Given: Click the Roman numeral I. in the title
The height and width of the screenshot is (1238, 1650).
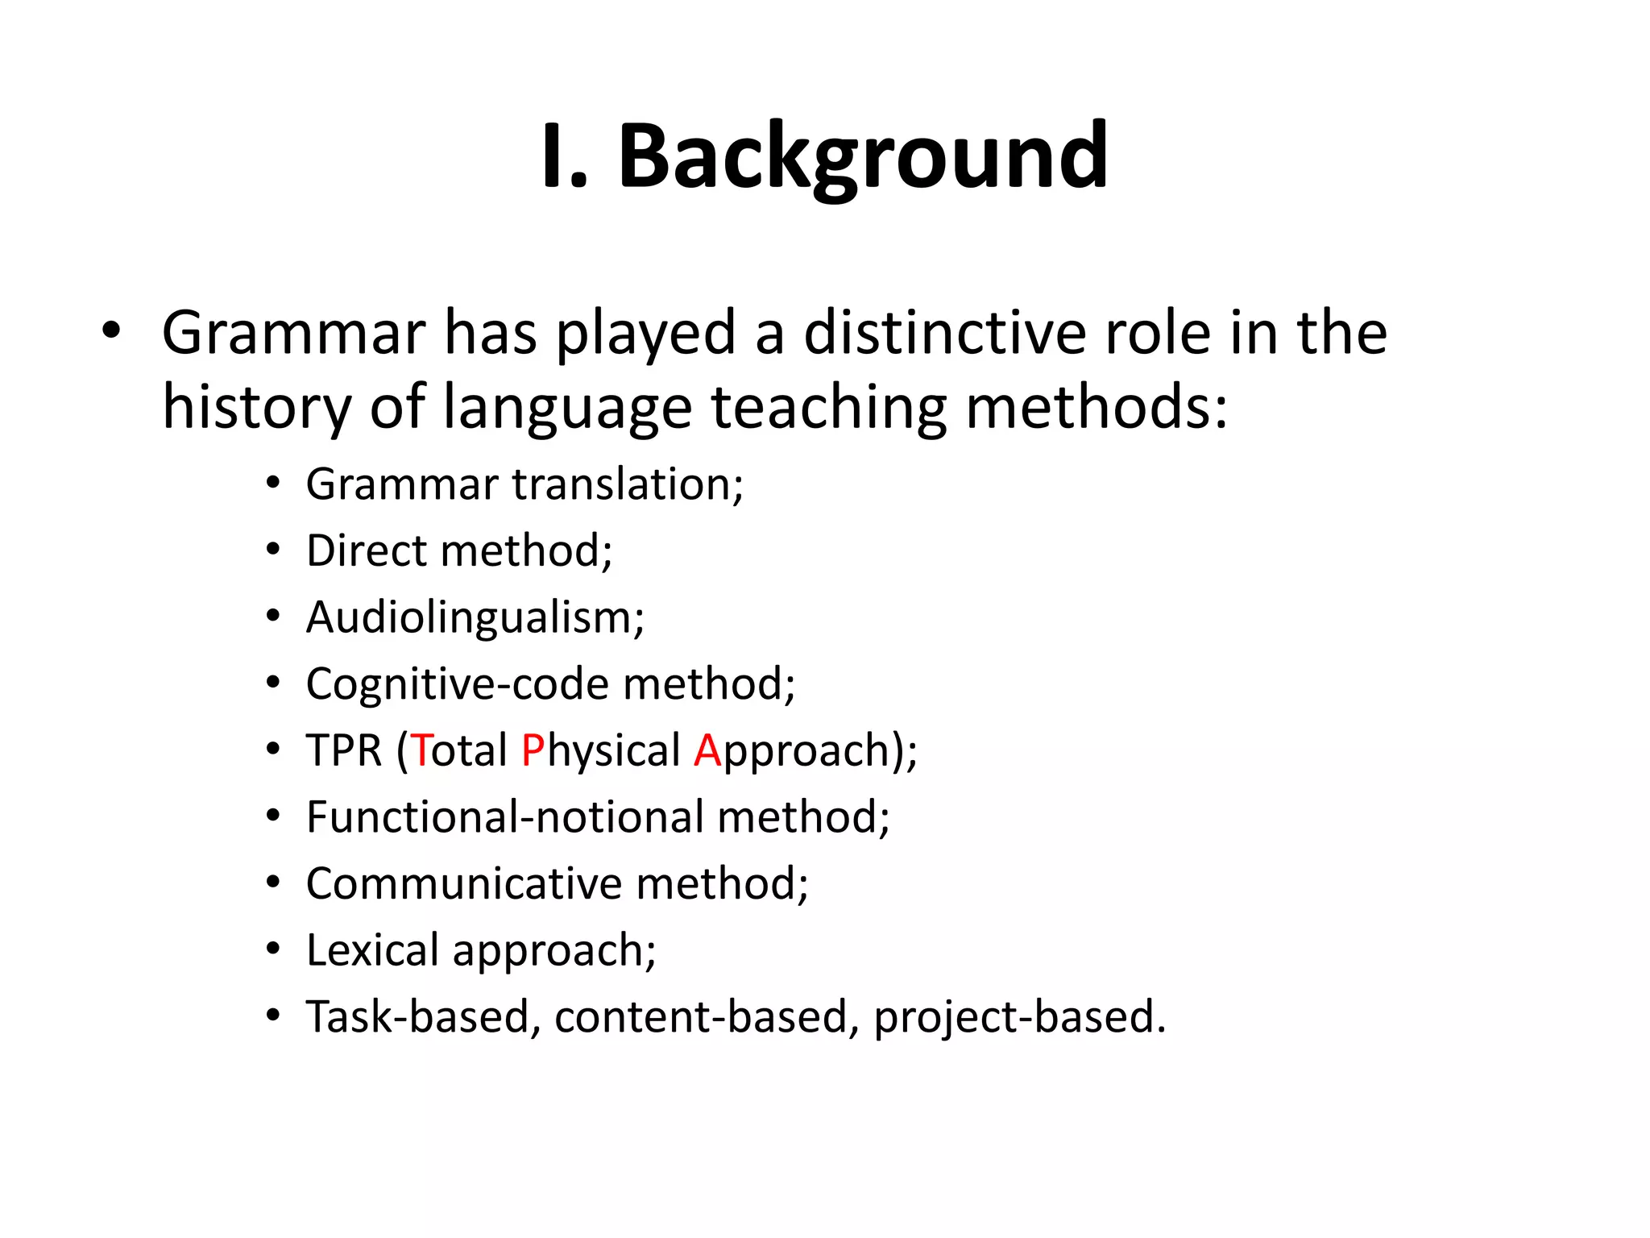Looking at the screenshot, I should click(564, 157).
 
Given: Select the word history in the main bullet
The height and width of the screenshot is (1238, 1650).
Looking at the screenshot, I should click(256, 407).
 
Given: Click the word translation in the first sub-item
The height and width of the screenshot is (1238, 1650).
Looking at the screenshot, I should click(628, 484).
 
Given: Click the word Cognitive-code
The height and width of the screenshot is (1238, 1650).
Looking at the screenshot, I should click(458, 684).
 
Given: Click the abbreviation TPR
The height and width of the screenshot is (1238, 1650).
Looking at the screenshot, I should click(344, 750).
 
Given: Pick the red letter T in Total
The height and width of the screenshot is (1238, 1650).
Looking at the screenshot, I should click(421, 750).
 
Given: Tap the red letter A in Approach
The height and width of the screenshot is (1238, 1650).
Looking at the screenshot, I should click(707, 750).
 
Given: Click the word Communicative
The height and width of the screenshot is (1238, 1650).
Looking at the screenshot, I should click(463, 883).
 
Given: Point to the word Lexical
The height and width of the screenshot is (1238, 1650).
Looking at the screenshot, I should click(372, 950).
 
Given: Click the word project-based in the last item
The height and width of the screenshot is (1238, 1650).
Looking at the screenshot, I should click(1019, 1016).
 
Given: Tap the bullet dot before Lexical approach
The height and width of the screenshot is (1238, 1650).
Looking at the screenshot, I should click(274, 949).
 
